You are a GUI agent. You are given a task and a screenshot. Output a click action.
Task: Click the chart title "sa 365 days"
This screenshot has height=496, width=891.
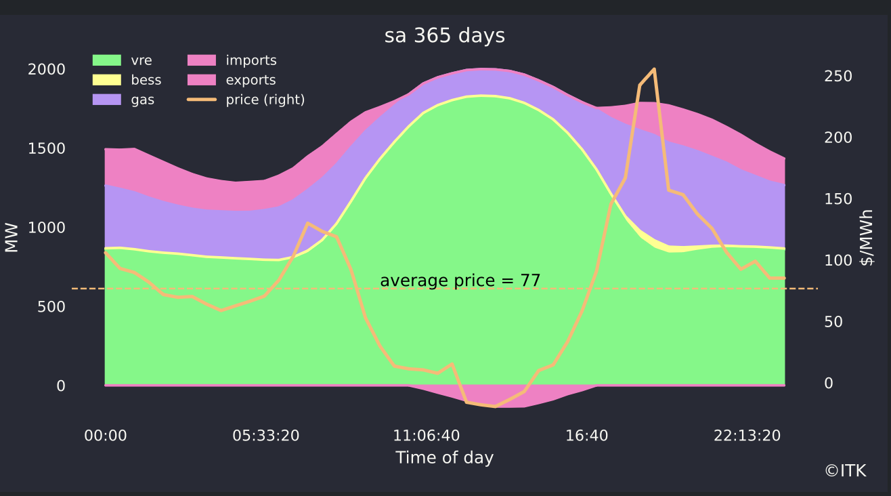coord(445,36)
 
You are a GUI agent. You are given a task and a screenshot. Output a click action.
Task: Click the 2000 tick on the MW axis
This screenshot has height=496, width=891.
coord(47,69)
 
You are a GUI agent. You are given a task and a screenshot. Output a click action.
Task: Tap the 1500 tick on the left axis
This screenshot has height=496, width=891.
coord(47,148)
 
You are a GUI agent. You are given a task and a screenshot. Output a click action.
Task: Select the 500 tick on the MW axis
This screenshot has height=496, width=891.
coord(51,307)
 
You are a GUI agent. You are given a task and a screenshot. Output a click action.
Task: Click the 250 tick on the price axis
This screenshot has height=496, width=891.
coord(838,76)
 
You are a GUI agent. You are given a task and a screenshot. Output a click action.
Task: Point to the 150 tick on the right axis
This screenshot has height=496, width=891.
coord(838,199)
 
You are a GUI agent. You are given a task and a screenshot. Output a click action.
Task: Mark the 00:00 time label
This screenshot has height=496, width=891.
coord(106,436)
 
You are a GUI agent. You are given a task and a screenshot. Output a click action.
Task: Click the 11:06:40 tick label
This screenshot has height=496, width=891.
coord(427,436)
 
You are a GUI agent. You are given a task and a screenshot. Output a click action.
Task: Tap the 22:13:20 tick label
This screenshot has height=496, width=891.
coord(747,436)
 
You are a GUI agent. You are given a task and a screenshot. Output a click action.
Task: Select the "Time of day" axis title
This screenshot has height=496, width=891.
coord(445,457)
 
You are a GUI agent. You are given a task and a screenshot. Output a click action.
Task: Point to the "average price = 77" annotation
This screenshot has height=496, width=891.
coord(460,281)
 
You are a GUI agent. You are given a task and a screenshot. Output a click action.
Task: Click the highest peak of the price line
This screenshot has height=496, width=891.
coord(654,69)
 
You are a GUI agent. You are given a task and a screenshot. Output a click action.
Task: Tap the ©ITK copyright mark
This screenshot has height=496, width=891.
coord(846,471)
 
